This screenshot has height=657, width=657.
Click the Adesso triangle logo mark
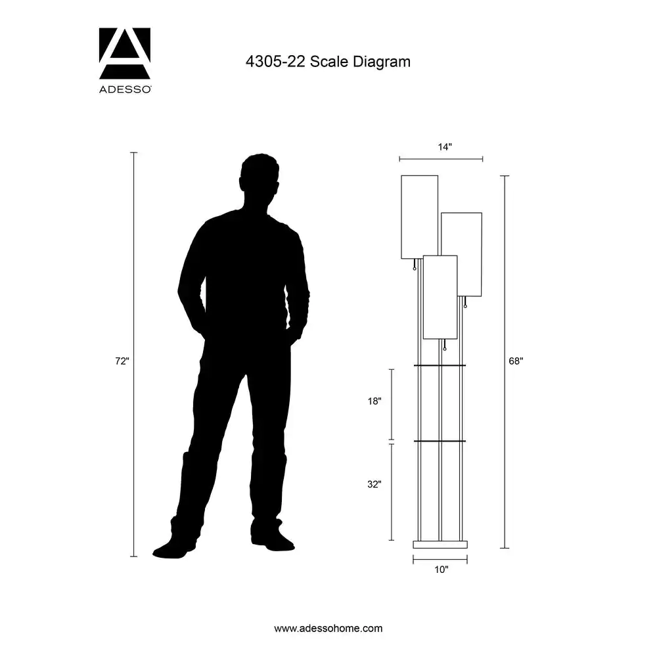pyautogui.click(x=124, y=53)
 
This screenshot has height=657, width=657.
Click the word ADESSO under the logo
pyautogui.click(x=125, y=89)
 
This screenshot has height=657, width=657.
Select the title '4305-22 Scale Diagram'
pyautogui.click(x=328, y=62)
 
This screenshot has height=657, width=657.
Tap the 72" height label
pyautogui.click(x=122, y=361)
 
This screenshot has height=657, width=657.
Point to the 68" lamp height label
pyautogui.click(x=516, y=361)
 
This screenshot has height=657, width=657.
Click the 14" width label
pyautogui.click(x=445, y=147)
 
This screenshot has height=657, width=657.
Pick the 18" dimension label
pyautogui.click(x=374, y=401)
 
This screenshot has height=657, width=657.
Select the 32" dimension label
pyautogui.click(x=374, y=484)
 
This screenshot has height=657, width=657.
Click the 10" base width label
pyautogui.click(x=442, y=570)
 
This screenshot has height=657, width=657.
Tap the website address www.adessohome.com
pyautogui.click(x=328, y=629)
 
